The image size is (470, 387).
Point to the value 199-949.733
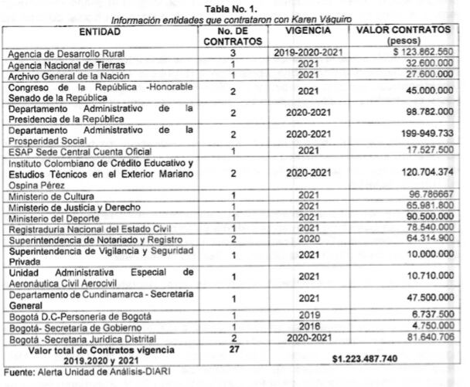[417, 133]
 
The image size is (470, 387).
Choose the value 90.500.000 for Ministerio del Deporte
[422, 219]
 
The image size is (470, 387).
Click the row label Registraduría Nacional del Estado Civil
[83, 229]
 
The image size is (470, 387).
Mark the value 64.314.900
[422, 240]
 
